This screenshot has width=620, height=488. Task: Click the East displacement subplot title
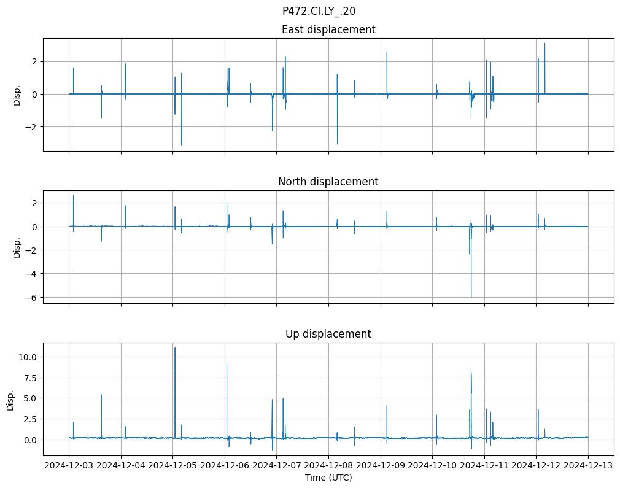[x=328, y=29]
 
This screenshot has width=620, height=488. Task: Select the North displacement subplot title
[x=328, y=182]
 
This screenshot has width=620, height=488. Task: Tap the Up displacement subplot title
[x=328, y=334]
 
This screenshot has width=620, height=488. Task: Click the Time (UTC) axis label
[x=328, y=478]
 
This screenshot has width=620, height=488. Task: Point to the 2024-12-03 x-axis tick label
[x=69, y=466]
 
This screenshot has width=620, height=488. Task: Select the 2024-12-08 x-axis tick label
[x=328, y=466]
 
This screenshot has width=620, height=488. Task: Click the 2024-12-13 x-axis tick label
[x=588, y=466]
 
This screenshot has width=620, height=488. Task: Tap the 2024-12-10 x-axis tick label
[x=432, y=466]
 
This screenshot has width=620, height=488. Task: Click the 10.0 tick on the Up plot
[x=31, y=357]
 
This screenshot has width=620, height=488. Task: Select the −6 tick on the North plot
[x=33, y=297]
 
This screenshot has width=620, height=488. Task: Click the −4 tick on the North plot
[x=33, y=274]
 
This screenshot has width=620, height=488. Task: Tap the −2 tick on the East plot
[x=33, y=127]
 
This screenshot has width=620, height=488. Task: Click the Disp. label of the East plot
[x=17, y=95]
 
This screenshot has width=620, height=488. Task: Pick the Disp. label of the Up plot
[x=11, y=399]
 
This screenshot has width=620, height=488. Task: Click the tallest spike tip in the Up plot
[x=175, y=348]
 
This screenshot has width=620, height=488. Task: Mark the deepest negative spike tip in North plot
[x=471, y=298]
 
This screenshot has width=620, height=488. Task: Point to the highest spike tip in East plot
[x=544, y=43]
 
